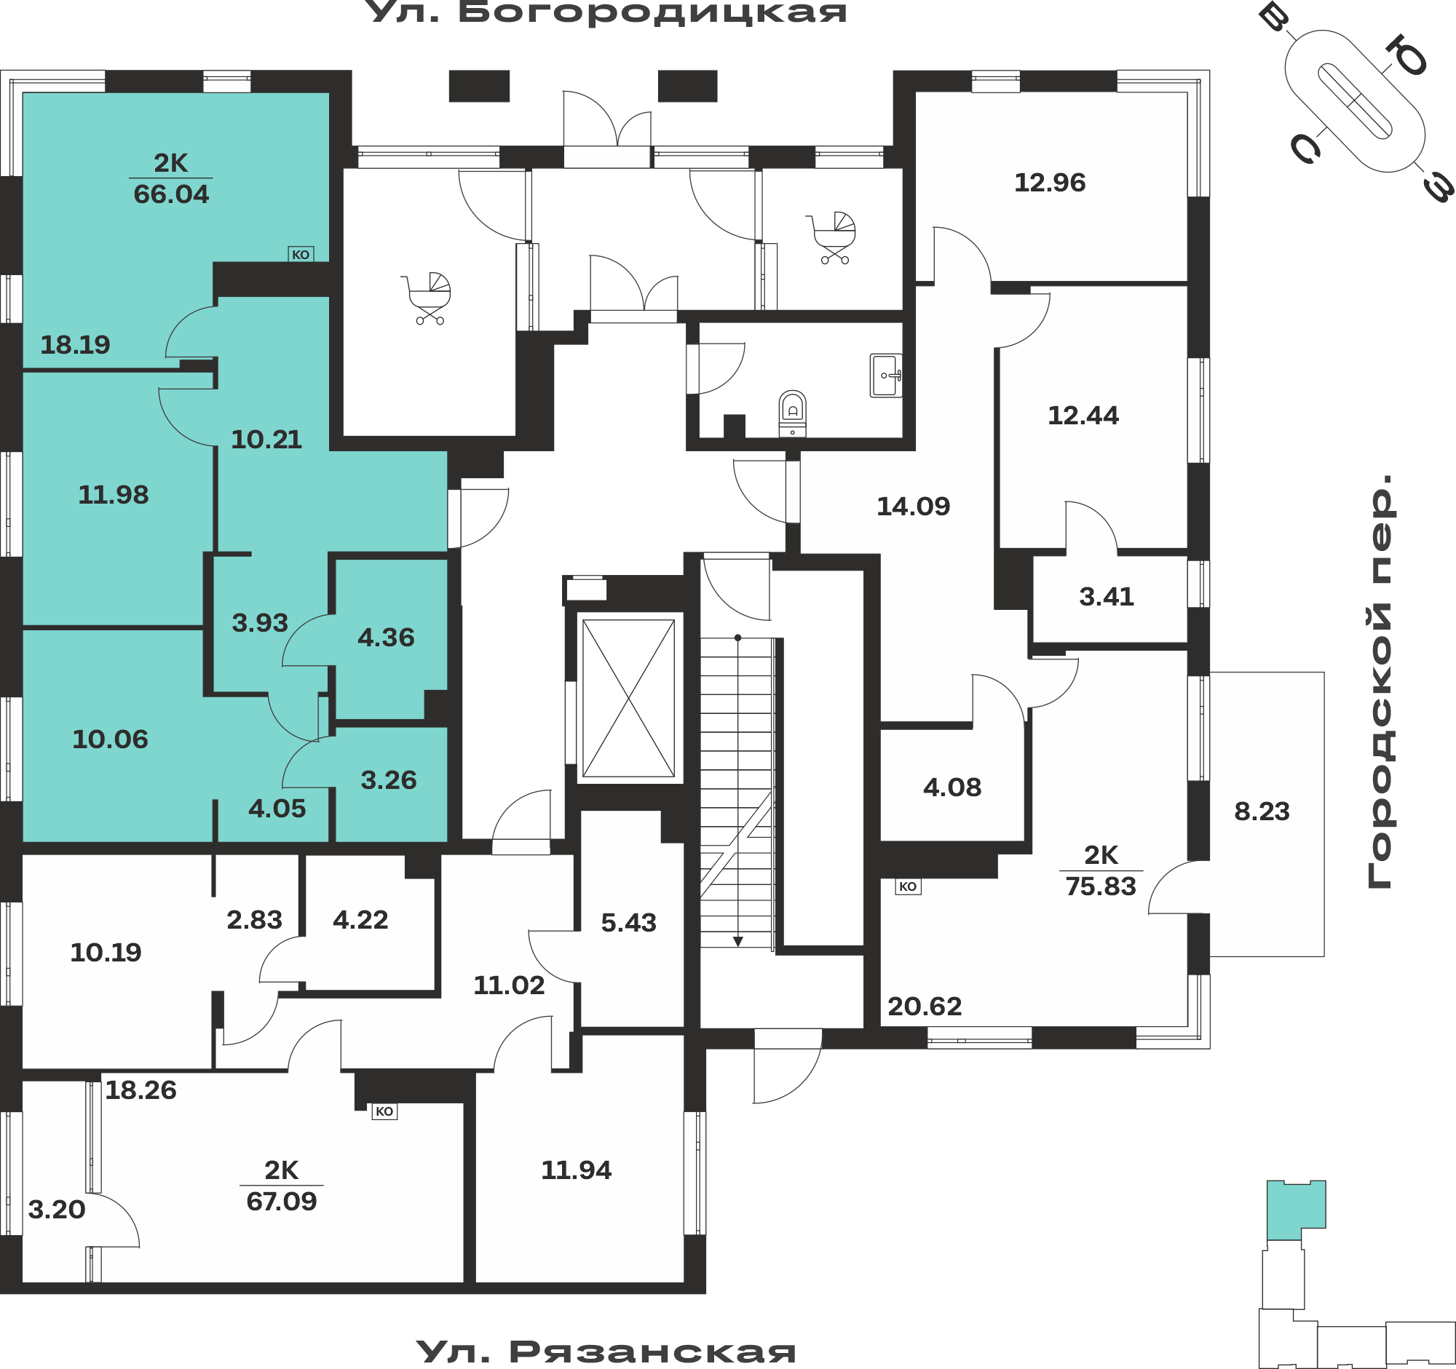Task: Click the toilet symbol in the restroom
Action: click(x=793, y=413)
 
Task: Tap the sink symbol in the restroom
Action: click(x=885, y=376)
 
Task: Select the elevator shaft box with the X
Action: click(x=628, y=699)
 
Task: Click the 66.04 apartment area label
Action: click(x=171, y=194)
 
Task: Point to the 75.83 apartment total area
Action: click(x=1101, y=886)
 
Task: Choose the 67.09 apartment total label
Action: click(x=282, y=1202)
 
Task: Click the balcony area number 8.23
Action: click(x=1262, y=812)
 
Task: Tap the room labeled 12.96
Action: click(x=1050, y=182)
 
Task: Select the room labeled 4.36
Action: click(x=386, y=638)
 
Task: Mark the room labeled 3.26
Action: click(x=389, y=780)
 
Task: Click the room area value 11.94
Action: click(x=577, y=1170)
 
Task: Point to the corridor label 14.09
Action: click(x=914, y=506)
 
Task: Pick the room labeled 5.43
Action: click(x=628, y=922)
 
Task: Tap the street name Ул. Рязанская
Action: click(x=606, y=1352)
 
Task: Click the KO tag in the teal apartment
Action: click(x=301, y=255)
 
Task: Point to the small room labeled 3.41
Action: click(x=1107, y=597)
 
